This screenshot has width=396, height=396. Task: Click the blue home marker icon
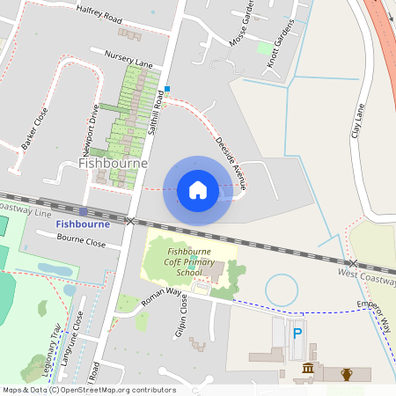click(198, 190)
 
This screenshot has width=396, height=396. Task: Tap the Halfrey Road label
click(99, 15)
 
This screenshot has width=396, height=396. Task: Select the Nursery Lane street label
click(128, 59)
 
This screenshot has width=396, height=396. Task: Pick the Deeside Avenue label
click(231, 163)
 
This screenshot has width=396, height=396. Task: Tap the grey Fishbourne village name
click(113, 164)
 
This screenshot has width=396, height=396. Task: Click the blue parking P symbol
click(297, 334)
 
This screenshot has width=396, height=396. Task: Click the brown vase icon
click(347, 375)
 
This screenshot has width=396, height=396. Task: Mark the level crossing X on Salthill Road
click(130, 221)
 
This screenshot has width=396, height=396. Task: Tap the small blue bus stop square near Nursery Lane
click(166, 88)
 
